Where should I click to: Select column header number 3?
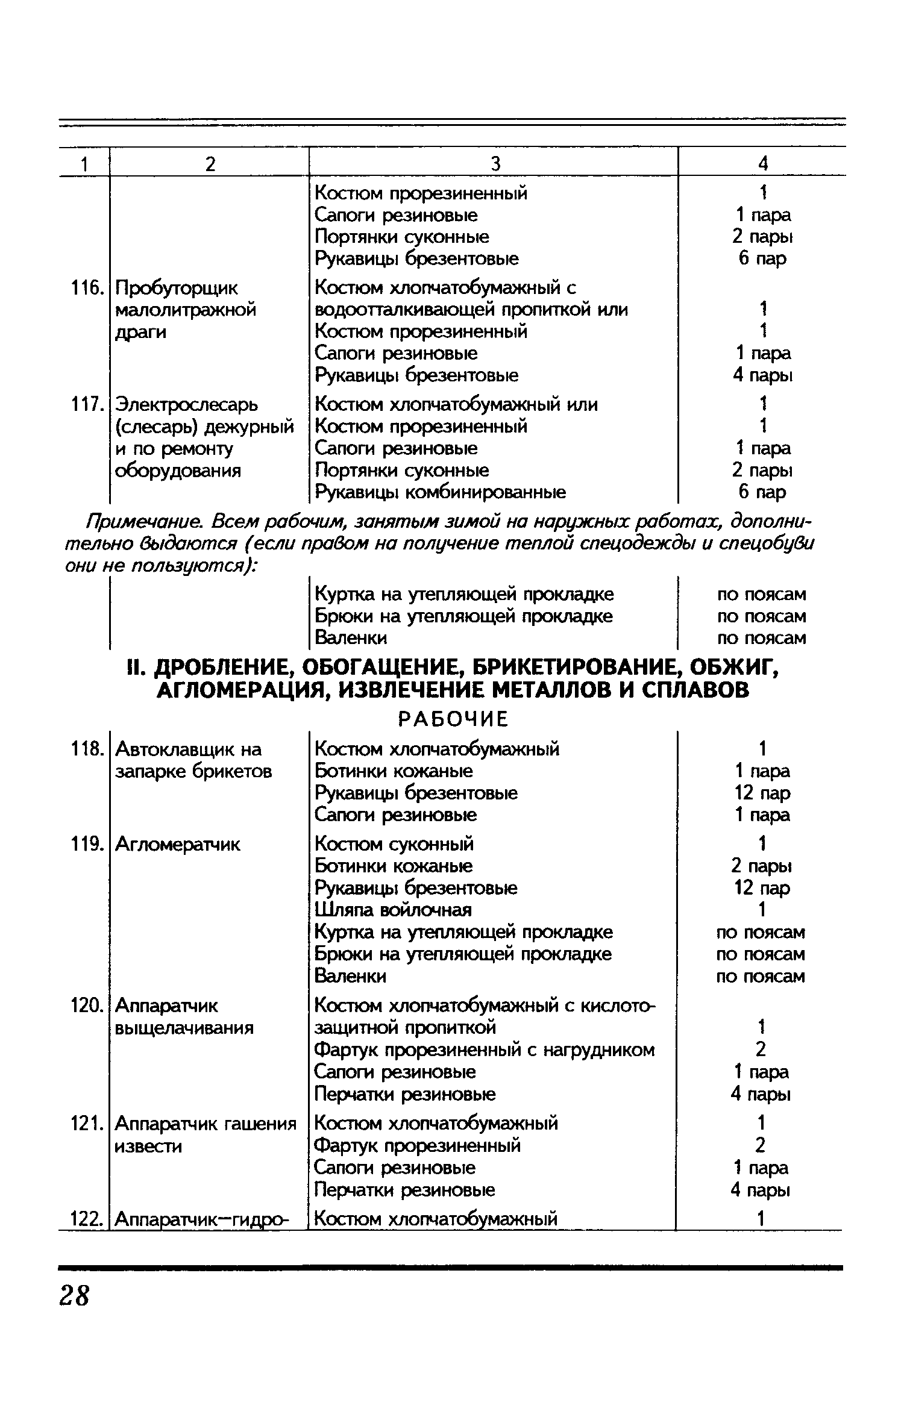pyautogui.click(x=495, y=163)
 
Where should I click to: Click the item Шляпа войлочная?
pyautogui.click(x=393, y=909)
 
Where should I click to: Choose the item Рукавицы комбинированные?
pyautogui.click(x=441, y=492)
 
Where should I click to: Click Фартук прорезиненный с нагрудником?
pyautogui.click(x=485, y=1049)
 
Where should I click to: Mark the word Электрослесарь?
pyautogui.click(x=186, y=404)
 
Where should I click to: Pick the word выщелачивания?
pyautogui.click(x=184, y=1028)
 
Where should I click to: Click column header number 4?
pyautogui.click(x=763, y=163)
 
